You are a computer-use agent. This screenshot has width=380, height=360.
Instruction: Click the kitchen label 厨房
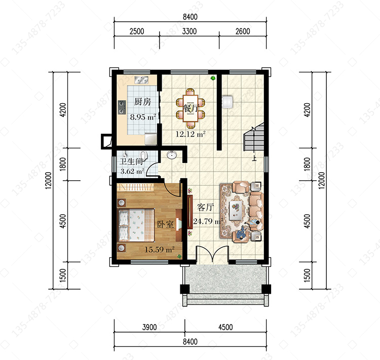(142, 102)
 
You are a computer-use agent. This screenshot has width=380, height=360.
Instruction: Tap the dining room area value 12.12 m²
(191, 134)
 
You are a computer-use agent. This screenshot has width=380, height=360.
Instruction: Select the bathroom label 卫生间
(131, 162)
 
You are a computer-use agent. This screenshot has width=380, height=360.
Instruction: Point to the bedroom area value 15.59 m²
(160, 249)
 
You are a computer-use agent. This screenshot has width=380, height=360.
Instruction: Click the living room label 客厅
(205, 208)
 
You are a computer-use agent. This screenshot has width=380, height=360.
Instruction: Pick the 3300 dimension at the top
(189, 31)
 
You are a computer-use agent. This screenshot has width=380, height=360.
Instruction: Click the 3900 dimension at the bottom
(149, 327)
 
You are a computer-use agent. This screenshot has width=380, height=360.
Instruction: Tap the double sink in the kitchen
(141, 80)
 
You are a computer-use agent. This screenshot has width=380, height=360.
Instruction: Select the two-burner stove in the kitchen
(122, 107)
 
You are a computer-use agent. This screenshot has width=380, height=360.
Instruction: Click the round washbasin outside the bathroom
(172, 155)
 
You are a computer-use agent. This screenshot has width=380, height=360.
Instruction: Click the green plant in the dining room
(213, 78)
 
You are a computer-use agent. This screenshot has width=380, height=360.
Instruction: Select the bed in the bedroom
(136, 225)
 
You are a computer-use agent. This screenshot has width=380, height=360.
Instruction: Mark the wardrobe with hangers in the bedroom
(135, 187)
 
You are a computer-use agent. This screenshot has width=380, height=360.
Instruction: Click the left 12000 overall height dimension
(49, 180)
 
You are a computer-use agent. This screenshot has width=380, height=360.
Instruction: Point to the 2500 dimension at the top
(137, 31)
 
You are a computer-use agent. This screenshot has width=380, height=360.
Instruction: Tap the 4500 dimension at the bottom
(225, 327)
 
